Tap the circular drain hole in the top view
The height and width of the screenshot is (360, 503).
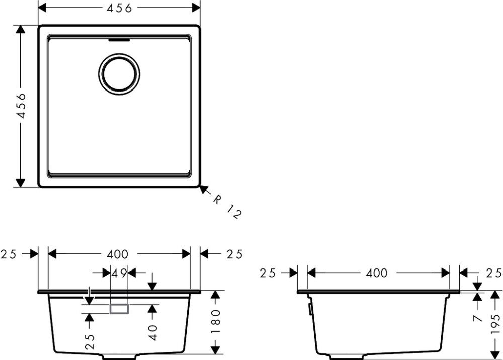click(119, 74)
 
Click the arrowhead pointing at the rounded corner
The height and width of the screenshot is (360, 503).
click(203, 189)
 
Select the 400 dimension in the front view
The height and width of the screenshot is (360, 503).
click(118, 254)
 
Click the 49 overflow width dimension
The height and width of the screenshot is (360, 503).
click(119, 273)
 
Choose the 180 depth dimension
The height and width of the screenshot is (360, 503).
click(215, 321)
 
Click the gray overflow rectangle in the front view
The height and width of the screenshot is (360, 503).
click(119, 309)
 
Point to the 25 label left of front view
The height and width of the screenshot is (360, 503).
click(10, 254)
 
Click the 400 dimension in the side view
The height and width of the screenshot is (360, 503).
click(377, 273)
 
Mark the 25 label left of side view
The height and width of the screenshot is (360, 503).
click(269, 273)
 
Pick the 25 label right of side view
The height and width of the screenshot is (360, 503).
click(493, 273)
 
